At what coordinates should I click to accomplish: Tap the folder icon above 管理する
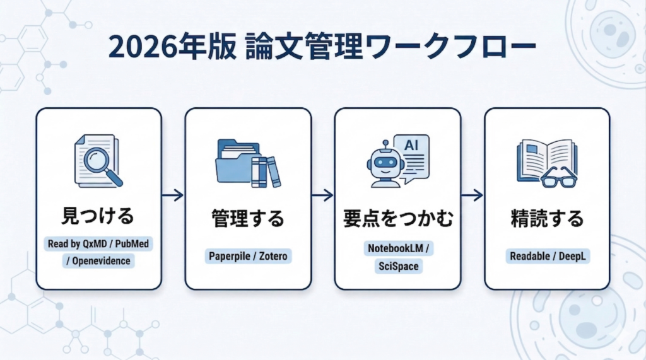[x=234, y=162]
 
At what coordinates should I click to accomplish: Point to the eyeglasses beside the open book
[x=559, y=178]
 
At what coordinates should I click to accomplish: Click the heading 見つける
[x=98, y=218]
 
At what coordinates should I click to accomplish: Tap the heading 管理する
[x=247, y=219]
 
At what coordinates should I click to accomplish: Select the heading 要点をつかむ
[x=397, y=219]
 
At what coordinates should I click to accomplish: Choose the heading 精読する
[x=546, y=219]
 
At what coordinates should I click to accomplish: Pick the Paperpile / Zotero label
[x=247, y=257]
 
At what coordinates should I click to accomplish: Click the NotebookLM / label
[x=397, y=248]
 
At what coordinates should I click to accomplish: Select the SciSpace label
[x=397, y=266]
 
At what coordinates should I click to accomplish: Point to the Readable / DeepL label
[x=546, y=257]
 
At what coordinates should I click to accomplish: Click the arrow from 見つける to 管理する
[x=173, y=196]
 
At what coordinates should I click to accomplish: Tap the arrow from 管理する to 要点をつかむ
[x=322, y=196]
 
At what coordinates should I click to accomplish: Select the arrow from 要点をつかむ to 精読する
[x=472, y=196]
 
